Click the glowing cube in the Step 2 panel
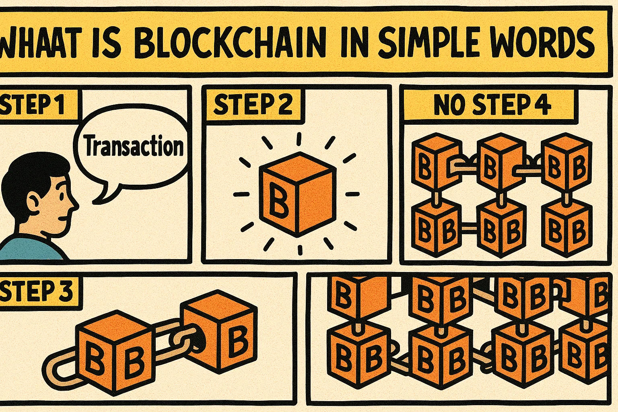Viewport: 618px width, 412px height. click(298, 193)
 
